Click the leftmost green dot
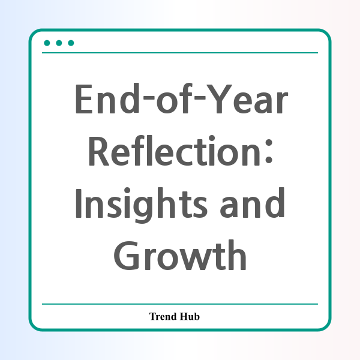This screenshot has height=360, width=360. coord(47,43)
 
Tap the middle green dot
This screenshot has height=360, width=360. coord(59,43)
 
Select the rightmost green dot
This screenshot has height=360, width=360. coord(71,43)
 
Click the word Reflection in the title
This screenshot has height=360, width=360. coord(175,151)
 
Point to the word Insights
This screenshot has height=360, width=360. coord(141,205)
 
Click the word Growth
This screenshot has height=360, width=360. coord(180,255)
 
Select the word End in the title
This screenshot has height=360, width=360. coord(107,98)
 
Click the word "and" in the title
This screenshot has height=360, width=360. coord(253,203)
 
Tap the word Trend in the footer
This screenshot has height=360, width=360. coord(163,316)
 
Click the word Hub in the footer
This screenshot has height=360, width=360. coord(190,316)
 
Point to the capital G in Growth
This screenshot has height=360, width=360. coord(127,256)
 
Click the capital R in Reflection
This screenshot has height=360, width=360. coord(99,151)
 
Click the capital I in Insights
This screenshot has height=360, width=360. coord(79,203)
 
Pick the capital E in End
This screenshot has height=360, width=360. coord(84,99)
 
